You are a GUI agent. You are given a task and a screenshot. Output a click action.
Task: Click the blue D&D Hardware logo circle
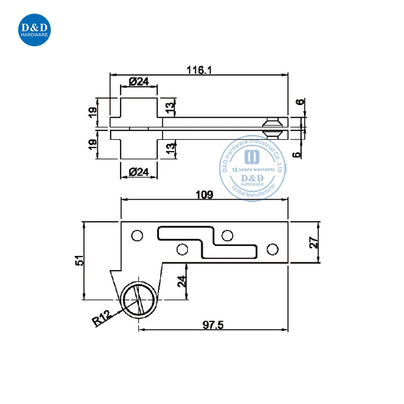[x=34, y=30]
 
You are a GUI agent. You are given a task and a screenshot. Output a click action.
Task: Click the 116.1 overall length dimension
[x=199, y=70]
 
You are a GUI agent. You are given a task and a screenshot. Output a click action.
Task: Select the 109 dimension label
[x=205, y=194]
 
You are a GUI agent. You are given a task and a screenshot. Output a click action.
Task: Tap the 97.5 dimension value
[x=213, y=325]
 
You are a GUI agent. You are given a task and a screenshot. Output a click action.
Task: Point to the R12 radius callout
[x=102, y=318]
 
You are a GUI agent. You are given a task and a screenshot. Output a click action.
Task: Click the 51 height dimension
[x=79, y=261]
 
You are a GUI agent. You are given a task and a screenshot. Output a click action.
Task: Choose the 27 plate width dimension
[x=314, y=242]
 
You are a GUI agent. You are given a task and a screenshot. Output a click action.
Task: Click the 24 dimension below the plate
[x=182, y=281]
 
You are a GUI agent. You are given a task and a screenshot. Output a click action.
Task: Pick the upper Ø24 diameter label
[x=139, y=82]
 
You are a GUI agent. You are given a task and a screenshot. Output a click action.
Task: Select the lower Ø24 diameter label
[x=139, y=172]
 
